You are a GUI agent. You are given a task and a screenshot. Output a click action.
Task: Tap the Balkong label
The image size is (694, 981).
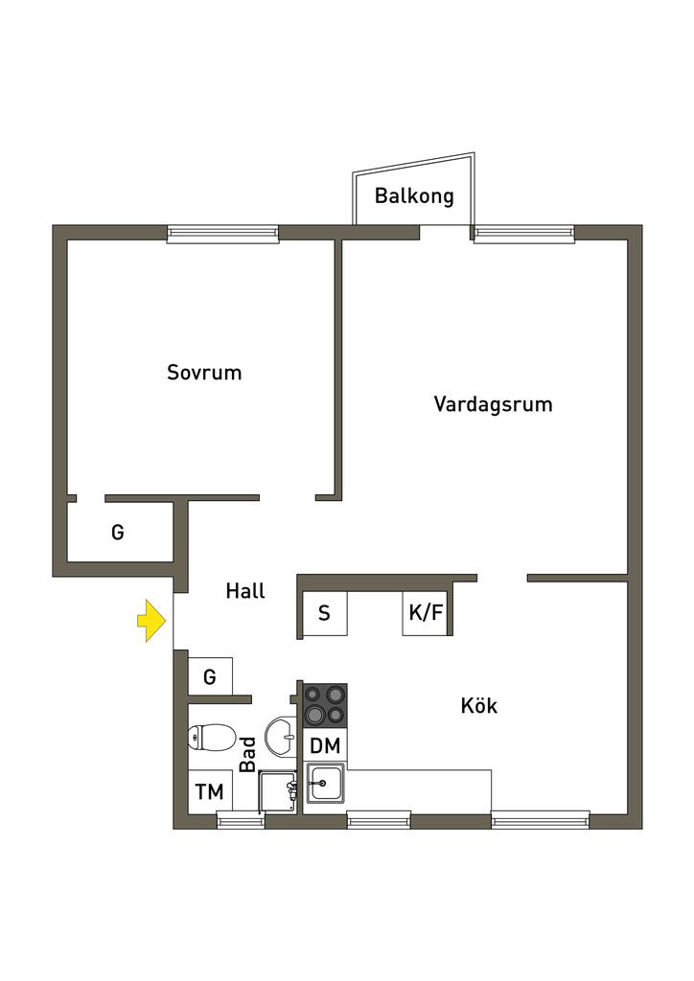point(413,196)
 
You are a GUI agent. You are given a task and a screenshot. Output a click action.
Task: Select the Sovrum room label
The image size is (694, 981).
point(204,372)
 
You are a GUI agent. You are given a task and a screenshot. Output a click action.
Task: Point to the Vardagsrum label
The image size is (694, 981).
point(493,403)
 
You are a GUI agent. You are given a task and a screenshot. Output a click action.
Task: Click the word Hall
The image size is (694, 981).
point(245,591)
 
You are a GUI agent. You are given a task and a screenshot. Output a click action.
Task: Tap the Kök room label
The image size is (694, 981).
point(478,706)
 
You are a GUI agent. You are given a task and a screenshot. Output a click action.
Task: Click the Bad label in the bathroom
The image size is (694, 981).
point(247,754)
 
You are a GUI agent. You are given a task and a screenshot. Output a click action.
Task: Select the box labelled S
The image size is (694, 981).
point(324,614)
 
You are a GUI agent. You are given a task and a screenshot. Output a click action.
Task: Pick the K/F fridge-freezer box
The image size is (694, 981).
point(426,613)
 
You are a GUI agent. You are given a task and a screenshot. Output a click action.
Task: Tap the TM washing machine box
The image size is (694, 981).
point(210,792)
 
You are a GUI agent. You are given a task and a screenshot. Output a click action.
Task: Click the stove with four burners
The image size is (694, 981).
point(325,705)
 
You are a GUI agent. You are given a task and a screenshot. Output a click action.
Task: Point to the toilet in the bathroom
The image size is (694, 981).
point(212,738)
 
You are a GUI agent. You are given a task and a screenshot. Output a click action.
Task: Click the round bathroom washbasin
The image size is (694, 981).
point(281,737)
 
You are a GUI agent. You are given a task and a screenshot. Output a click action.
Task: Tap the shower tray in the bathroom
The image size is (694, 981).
point(279,791)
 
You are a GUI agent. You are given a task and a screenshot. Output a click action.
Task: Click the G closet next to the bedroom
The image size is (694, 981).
point(118,532)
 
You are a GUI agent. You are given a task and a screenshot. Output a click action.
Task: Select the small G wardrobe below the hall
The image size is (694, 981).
point(210,676)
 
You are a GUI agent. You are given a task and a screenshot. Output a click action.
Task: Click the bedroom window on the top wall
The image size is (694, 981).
point(222,233)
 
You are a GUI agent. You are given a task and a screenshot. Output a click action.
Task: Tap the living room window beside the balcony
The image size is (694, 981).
point(523,233)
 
